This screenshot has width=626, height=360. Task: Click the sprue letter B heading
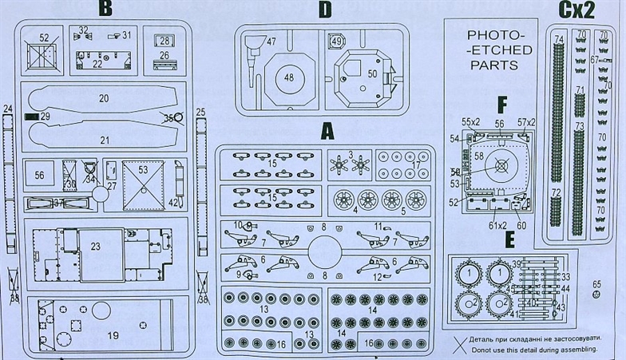pos(105,10)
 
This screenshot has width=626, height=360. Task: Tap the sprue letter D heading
pos(323,10)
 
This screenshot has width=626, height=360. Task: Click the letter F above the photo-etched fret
pos(501,104)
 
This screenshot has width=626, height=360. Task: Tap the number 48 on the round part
pos(288,78)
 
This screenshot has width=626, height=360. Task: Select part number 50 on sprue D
pos(372,73)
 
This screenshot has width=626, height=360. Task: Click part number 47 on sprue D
pos(271,42)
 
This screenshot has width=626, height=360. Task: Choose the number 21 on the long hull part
pos(104,140)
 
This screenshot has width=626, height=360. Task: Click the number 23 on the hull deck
pos(95,247)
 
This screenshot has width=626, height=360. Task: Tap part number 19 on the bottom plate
pos(113,335)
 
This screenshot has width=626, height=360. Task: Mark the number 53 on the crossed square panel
pos(143,169)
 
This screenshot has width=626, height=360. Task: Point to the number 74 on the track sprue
pos(558,39)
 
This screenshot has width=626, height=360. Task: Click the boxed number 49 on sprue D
pos(335,42)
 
